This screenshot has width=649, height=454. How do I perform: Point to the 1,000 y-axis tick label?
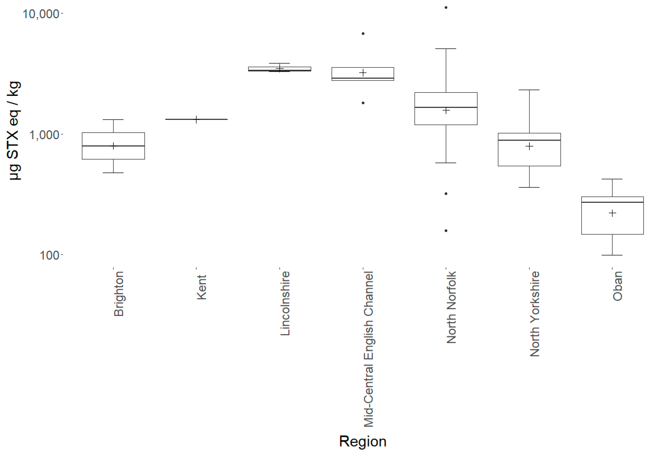tap(44, 135)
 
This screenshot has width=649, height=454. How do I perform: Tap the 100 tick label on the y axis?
tap(49, 255)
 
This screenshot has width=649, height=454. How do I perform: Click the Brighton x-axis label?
tap(119, 294)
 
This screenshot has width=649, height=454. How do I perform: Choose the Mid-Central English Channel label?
tap(368, 349)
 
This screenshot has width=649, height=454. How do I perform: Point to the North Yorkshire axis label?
tap(534, 314)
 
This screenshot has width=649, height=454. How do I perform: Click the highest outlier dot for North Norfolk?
tap(446, 8)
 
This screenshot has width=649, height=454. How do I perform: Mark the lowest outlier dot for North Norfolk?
tap(446, 231)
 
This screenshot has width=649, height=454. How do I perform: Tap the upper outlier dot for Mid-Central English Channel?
tap(363, 34)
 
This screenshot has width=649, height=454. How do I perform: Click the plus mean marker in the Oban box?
tap(612, 213)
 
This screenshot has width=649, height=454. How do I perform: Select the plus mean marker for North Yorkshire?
tap(529, 146)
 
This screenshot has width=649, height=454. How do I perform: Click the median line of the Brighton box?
tap(113, 146)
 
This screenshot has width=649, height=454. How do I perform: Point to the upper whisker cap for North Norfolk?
tap(446, 49)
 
